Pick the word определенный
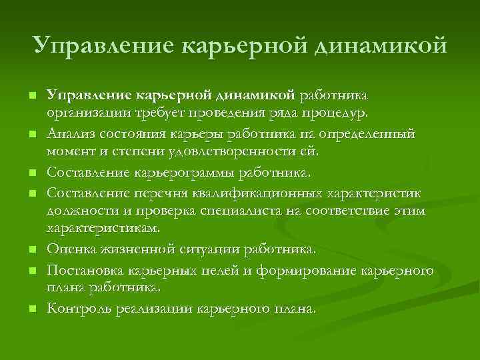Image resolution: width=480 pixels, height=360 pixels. pyautogui.click(x=367, y=134)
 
